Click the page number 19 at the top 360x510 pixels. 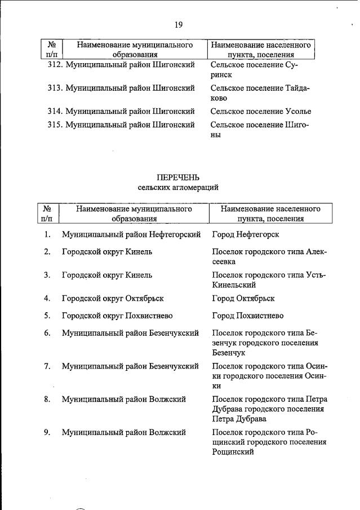click(179, 24)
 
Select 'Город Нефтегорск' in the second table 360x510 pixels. click(245, 234)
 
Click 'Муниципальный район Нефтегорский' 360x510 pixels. click(131, 234)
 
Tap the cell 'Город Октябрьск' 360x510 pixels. click(243, 298)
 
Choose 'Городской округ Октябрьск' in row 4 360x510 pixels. click(113, 298)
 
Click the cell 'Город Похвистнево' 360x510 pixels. click(247, 316)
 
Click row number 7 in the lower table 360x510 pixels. click(47, 366)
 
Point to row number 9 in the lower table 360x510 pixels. click(47, 432)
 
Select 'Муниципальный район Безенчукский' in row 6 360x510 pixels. click(130, 333)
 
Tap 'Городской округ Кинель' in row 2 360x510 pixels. click(106, 251)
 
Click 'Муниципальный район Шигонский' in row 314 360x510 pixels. click(130, 112)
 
